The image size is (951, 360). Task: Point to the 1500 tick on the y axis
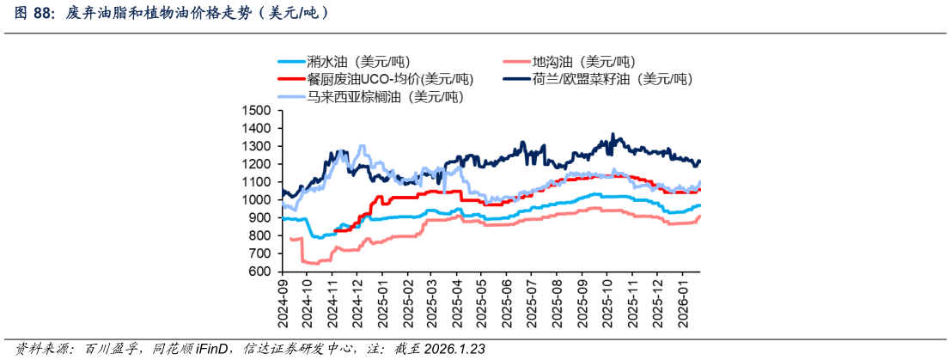coord(257,111)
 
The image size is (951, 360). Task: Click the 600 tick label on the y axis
coord(260,272)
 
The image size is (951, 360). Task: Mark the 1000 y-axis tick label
coord(257,200)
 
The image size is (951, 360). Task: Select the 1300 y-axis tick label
coord(257,147)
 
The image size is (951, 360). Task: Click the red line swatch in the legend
coord(291,79)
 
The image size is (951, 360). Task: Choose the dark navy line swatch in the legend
coord(515,79)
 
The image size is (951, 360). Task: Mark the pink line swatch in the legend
coord(515,62)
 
